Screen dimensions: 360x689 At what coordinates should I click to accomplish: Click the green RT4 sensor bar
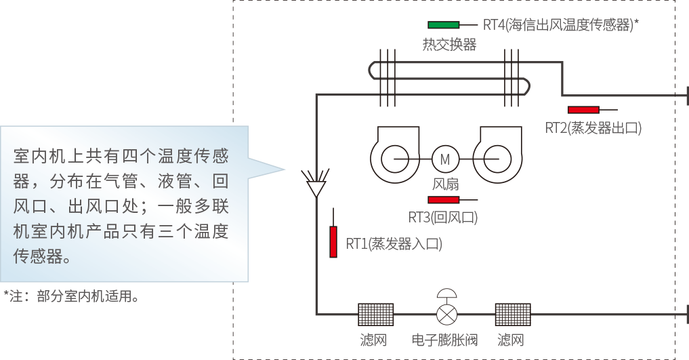[x=443, y=25]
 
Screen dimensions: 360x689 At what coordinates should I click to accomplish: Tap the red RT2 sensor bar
[x=583, y=110]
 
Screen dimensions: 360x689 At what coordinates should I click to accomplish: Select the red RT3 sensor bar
[x=444, y=200]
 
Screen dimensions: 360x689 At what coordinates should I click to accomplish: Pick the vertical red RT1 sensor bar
[x=333, y=242]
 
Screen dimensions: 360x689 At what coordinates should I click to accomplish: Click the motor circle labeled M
[x=445, y=159]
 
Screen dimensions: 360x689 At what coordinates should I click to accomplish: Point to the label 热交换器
[x=449, y=45]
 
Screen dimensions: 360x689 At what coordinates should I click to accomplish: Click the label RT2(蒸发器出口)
[x=593, y=128]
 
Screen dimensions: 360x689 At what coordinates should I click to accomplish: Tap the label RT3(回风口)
[x=443, y=218]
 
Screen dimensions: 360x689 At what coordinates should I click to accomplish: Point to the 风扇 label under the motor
[x=446, y=183]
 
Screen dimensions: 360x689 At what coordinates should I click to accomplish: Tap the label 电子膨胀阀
[x=445, y=340]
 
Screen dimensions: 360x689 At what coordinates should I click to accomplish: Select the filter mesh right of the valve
[x=513, y=315]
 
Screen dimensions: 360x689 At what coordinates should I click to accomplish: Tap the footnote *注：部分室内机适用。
[x=72, y=297]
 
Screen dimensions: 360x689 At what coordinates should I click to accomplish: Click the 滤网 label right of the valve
[x=511, y=340]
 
